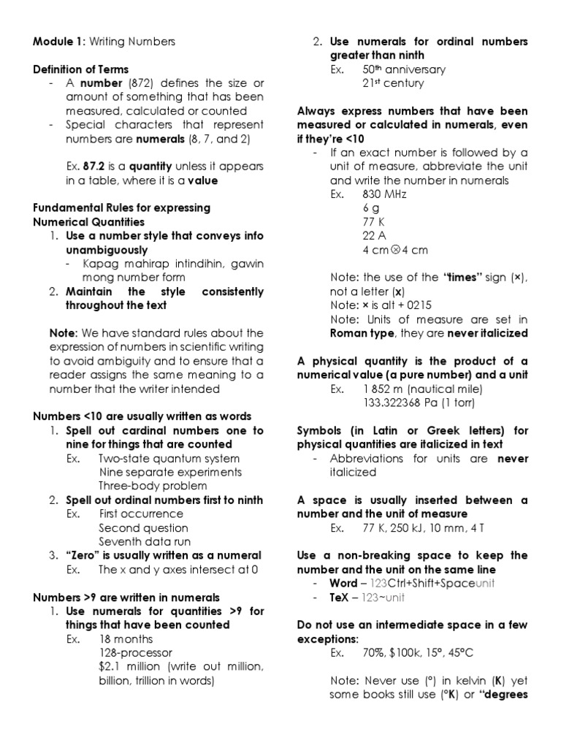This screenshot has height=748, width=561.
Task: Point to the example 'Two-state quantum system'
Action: (x=169, y=459)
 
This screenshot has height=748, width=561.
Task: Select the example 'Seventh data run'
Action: (x=145, y=542)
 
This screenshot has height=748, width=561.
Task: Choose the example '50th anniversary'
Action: (x=404, y=69)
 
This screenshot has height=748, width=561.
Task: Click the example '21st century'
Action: (x=393, y=83)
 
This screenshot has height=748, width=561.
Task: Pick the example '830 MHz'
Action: (x=384, y=194)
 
